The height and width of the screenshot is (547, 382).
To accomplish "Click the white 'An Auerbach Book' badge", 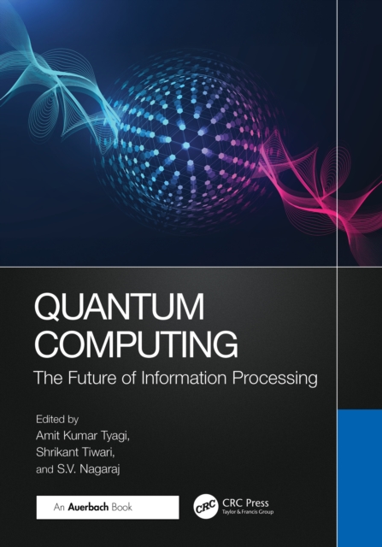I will [107, 507].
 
